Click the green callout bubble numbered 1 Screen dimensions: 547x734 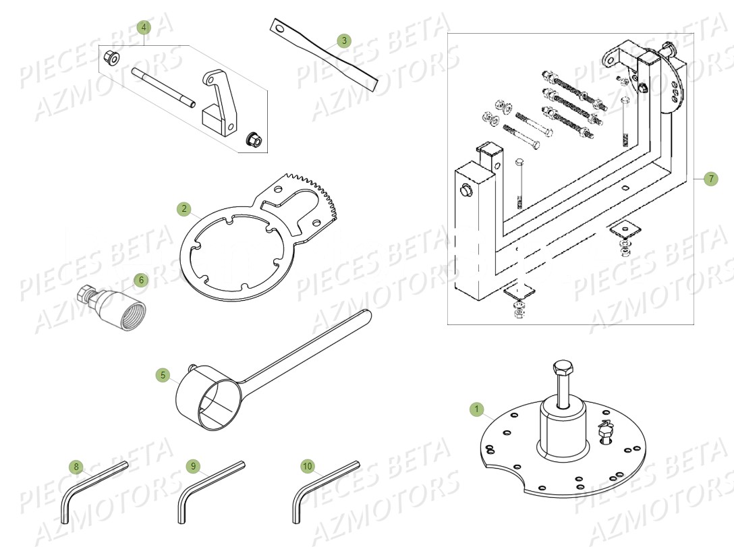(x=477, y=409)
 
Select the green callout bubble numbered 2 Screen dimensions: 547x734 (x=184, y=209)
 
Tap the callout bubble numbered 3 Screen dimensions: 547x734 (x=343, y=41)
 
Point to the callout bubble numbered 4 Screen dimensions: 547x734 (x=144, y=28)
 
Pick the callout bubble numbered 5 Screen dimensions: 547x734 (x=163, y=374)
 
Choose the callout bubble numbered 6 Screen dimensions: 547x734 (x=140, y=279)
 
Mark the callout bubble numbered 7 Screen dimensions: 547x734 (x=710, y=179)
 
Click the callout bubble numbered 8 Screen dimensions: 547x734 (x=76, y=466)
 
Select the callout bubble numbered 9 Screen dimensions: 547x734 (x=193, y=466)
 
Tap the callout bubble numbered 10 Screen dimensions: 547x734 (x=308, y=466)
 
